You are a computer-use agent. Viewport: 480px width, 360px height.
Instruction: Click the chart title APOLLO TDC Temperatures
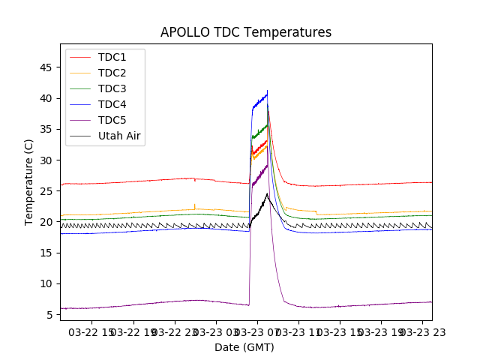point(245,32)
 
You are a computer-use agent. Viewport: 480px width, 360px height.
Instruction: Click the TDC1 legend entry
point(112,57)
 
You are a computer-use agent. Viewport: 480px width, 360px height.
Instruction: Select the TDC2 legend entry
point(112,73)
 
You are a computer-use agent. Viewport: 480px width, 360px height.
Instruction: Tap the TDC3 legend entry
point(112,88)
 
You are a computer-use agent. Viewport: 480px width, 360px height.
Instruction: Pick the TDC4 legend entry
point(112,104)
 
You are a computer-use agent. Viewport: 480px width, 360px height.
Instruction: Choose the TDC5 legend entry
point(112,120)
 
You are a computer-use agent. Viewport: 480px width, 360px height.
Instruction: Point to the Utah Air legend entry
point(119,136)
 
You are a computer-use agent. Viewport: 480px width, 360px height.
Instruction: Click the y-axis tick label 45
point(46,67)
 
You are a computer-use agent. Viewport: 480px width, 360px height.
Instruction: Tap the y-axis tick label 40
point(46,98)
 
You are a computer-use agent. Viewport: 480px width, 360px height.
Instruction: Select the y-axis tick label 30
point(46,160)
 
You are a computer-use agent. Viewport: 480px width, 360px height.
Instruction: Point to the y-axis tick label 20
point(46,222)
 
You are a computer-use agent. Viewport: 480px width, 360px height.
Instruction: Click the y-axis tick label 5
point(49,314)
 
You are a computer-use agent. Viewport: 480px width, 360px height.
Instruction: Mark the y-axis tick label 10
point(46,283)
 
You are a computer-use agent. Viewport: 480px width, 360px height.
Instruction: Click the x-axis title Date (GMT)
point(244,347)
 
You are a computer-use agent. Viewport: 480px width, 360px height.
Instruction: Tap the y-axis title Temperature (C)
point(29,182)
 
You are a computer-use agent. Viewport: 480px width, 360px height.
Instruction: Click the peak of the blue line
point(267,91)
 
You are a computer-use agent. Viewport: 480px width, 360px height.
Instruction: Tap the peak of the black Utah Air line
point(267,193)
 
